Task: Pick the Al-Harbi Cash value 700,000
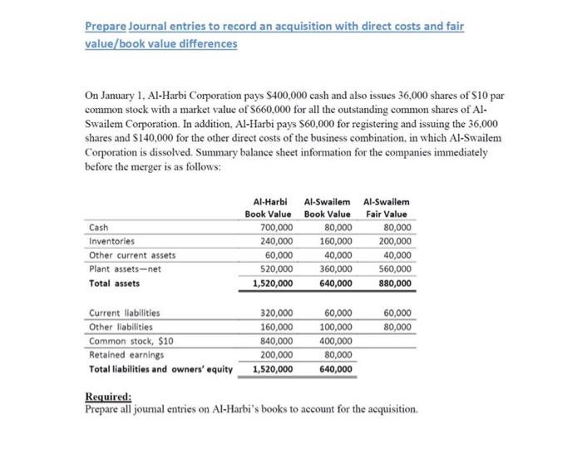point(276,227)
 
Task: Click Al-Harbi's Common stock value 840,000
point(276,341)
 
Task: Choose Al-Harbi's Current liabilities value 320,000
point(276,313)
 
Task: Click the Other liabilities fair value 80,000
point(397,327)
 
